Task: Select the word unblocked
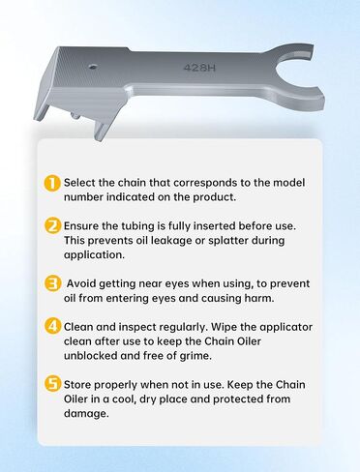point(94,359)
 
